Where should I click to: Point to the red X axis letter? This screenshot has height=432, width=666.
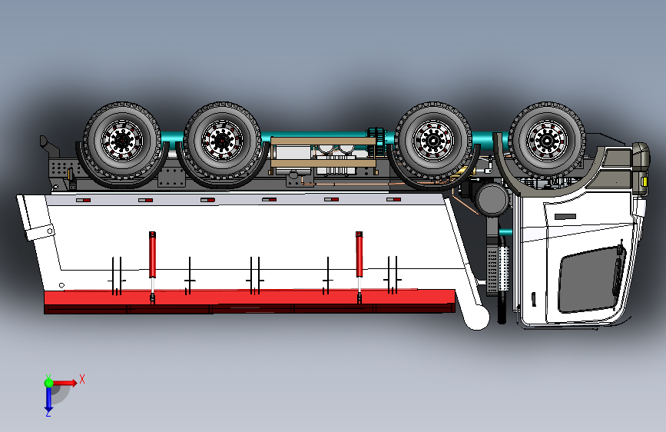pos(81,378)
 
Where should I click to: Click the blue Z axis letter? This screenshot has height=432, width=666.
pos(48,413)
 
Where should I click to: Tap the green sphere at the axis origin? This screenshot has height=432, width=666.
pos(48,382)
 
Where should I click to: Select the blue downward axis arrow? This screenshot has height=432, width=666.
pos(48,398)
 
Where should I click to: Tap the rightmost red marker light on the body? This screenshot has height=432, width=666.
pos(393,200)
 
